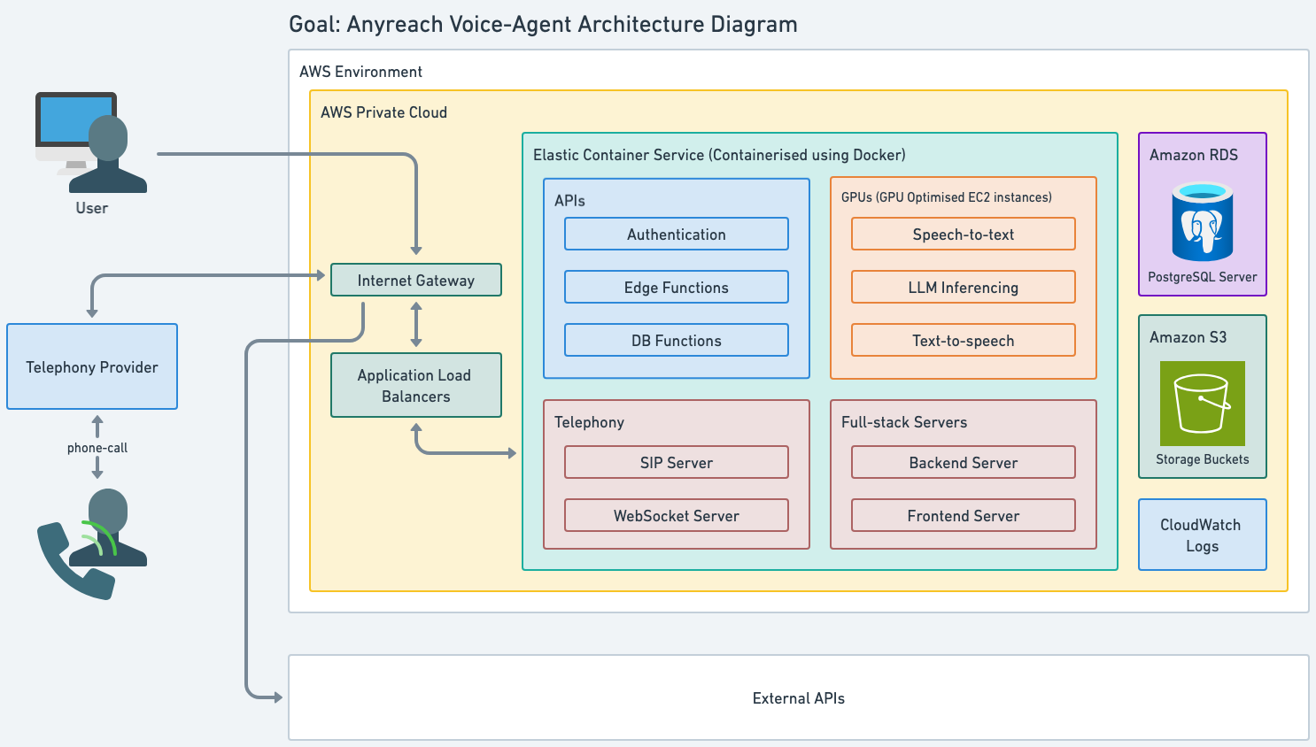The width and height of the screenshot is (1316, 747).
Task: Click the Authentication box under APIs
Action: click(677, 234)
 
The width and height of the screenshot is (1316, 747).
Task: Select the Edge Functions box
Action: click(677, 287)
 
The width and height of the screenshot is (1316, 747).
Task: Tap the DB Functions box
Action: click(677, 340)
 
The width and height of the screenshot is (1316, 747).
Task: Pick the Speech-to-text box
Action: click(963, 234)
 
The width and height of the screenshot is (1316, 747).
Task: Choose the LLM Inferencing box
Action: click(963, 287)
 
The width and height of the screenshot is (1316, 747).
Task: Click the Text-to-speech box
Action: click(963, 340)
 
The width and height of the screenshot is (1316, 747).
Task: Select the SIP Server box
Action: click(677, 462)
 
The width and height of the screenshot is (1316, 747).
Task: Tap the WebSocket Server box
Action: click(677, 516)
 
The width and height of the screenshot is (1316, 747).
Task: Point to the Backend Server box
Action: click(963, 462)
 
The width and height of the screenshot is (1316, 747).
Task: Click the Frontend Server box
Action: click(963, 516)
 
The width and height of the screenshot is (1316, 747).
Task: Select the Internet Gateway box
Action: click(416, 280)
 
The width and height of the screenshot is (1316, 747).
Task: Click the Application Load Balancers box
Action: click(416, 385)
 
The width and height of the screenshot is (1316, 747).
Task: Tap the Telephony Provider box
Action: click(92, 366)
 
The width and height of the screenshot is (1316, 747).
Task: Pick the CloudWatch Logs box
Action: click(1202, 535)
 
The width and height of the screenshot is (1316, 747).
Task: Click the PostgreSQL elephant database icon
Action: click(1202, 221)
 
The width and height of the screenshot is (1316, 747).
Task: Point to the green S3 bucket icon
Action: click(1202, 404)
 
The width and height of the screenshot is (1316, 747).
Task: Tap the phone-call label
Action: click(97, 448)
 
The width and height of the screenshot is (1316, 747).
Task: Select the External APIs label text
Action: click(799, 697)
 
